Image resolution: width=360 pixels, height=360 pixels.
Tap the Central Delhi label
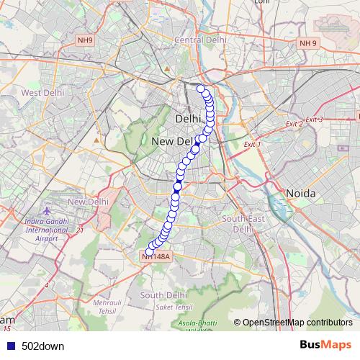click(x=196, y=40)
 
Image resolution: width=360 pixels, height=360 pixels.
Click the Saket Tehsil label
click(x=173, y=307)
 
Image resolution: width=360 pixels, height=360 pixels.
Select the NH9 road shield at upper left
click(x=85, y=41)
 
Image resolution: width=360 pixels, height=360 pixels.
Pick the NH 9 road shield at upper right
click(x=308, y=43)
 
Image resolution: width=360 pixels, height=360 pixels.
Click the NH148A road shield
click(x=156, y=256)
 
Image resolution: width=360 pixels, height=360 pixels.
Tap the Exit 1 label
click(x=251, y=145)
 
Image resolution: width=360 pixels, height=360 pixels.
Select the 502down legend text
click(x=42, y=346)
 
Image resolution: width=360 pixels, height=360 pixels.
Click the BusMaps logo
click(x=325, y=345)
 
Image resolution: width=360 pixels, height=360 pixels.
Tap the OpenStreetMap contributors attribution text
click(x=297, y=322)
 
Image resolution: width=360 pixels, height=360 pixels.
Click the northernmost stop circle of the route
click(x=201, y=89)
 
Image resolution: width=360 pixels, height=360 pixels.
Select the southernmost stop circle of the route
click(x=149, y=251)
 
